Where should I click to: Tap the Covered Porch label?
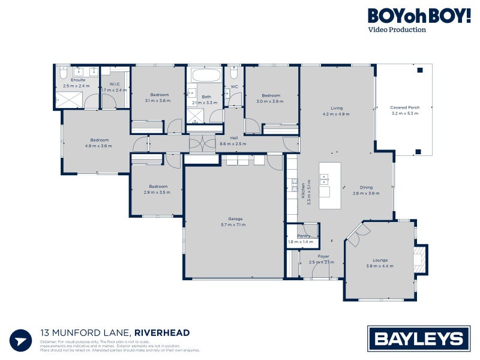(x=405, y=110)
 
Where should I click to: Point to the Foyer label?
(x=323, y=259)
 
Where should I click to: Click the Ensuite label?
(x=77, y=83)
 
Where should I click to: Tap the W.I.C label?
(x=114, y=87)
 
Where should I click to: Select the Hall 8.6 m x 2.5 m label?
(x=234, y=141)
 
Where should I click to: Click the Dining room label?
(x=367, y=190)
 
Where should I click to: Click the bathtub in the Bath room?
(x=206, y=77)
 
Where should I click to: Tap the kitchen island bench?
(x=329, y=185)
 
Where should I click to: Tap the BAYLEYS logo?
(x=419, y=339)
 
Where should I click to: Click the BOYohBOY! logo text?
(x=419, y=16)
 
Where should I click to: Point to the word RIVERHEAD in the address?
(x=162, y=333)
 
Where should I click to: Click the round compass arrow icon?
(x=21, y=340)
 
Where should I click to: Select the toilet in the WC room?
(x=234, y=74)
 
